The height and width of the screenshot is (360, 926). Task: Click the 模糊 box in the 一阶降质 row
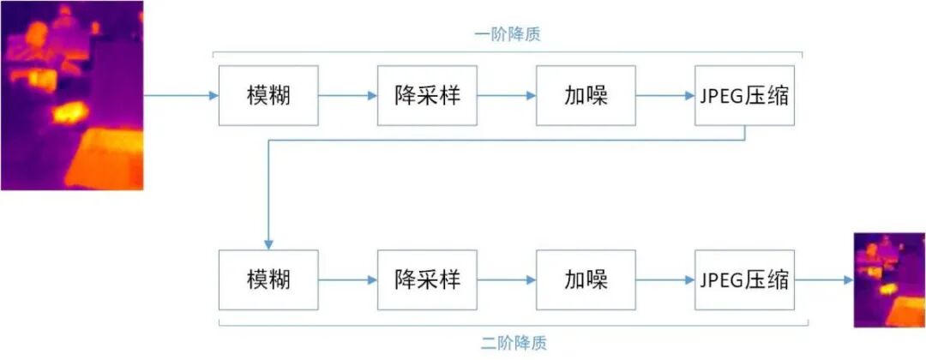(x=268, y=95)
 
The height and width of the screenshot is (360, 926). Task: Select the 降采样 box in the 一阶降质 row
(x=427, y=95)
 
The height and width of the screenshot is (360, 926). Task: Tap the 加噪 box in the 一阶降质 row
(x=586, y=95)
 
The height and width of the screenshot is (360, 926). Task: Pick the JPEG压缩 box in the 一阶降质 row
(x=744, y=95)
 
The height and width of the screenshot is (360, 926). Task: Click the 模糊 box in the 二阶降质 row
(x=268, y=279)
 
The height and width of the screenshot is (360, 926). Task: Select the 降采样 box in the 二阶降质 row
(x=427, y=279)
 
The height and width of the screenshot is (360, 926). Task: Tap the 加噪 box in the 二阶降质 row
(x=586, y=279)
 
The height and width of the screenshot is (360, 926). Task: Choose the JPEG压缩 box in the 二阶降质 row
(x=744, y=279)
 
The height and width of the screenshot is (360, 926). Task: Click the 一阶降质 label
(x=508, y=35)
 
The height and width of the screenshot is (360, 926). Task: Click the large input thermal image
(x=71, y=95)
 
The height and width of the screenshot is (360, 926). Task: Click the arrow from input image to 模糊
(x=181, y=95)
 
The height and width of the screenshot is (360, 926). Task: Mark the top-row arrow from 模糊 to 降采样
(x=348, y=95)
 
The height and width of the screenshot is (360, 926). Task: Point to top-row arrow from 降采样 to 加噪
(x=507, y=95)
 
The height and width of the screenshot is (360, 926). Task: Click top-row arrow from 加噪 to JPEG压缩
(x=665, y=95)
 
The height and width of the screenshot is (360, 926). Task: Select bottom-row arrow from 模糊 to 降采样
(x=348, y=279)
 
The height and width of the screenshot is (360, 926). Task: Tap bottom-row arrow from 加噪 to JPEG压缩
(x=665, y=279)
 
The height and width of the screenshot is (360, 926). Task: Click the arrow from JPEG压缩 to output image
(x=824, y=279)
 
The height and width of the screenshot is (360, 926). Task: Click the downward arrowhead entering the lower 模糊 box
(x=268, y=244)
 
